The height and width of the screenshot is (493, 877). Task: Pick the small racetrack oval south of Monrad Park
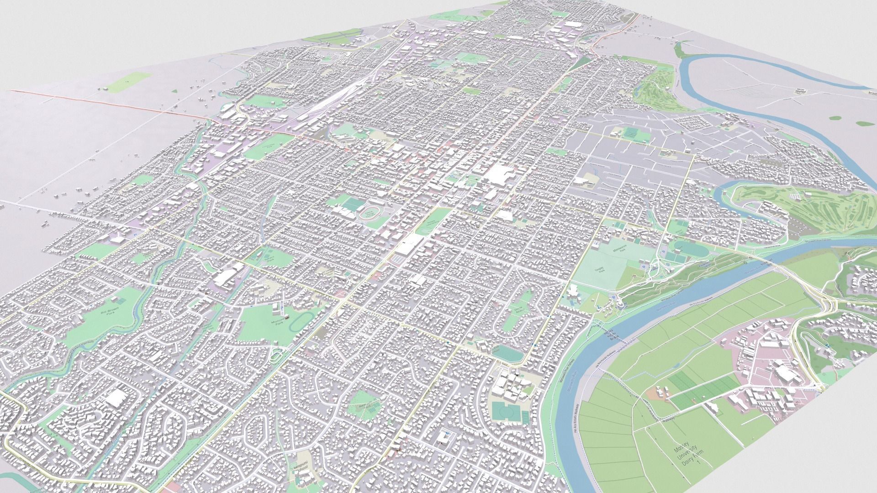click(277, 356)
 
